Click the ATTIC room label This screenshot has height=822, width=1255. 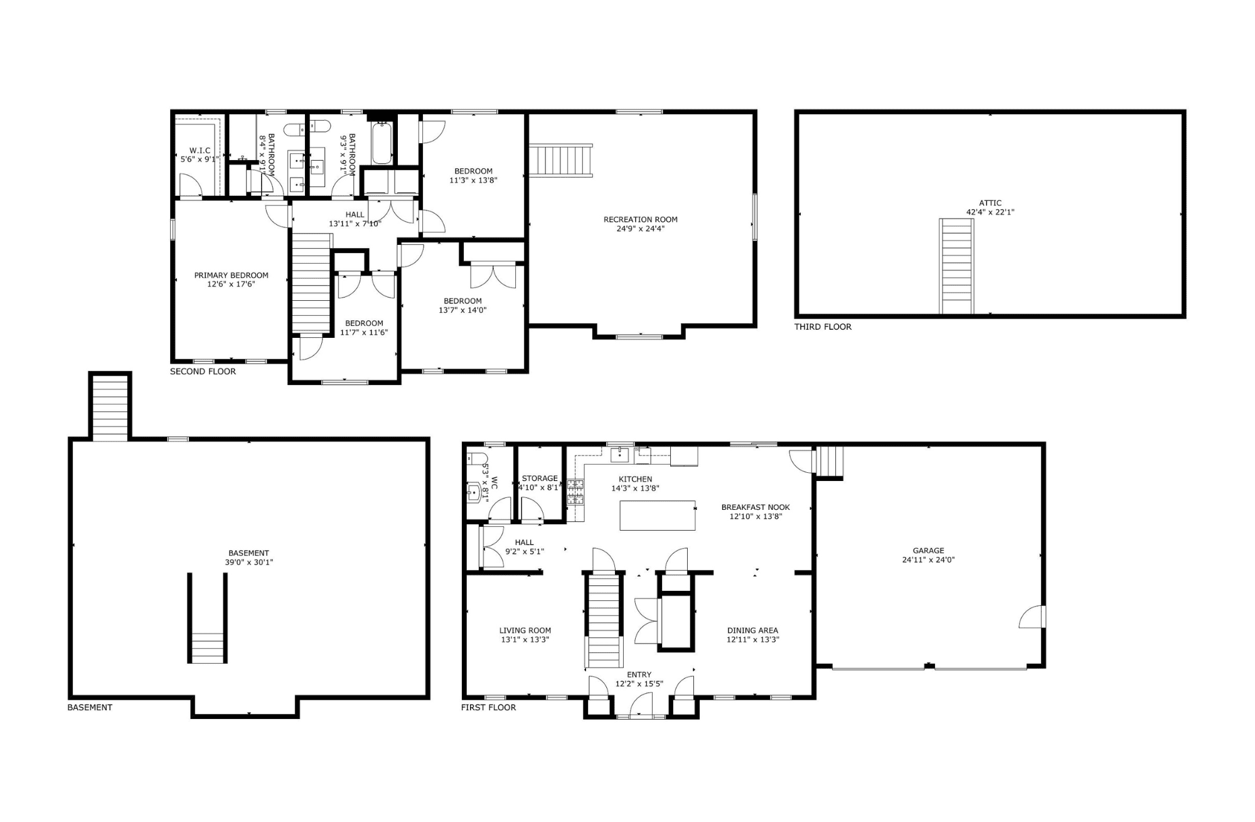click(x=990, y=203)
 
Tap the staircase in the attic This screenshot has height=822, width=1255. click(x=956, y=266)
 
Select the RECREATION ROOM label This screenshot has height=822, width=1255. click(x=640, y=220)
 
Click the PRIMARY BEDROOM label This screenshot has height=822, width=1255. click(x=231, y=275)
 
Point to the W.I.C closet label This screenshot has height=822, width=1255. click(x=200, y=151)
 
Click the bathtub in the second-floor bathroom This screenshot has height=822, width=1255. click(x=382, y=143)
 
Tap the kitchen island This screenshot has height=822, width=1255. click(x=658, y=516)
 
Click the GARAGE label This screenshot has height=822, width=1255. click(x=928, y=551)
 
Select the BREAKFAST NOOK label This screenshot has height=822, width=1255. click(x=756, y=507)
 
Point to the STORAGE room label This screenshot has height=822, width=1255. click(x=540, y=479)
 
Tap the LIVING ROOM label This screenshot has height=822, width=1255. click(x=525, y=630)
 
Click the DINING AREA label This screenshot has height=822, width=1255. click(x=752, y=630)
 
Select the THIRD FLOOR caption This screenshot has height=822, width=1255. click(x=823, y=327)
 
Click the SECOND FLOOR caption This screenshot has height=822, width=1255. click(x=203, y=371)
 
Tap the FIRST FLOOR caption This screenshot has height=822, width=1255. click(x=488, y=707)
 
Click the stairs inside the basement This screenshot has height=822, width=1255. click(x=207, y=647)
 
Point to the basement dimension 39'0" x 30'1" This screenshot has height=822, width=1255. click(x=249, y=563)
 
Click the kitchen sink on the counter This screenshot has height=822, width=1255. click(x=619, y=455)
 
